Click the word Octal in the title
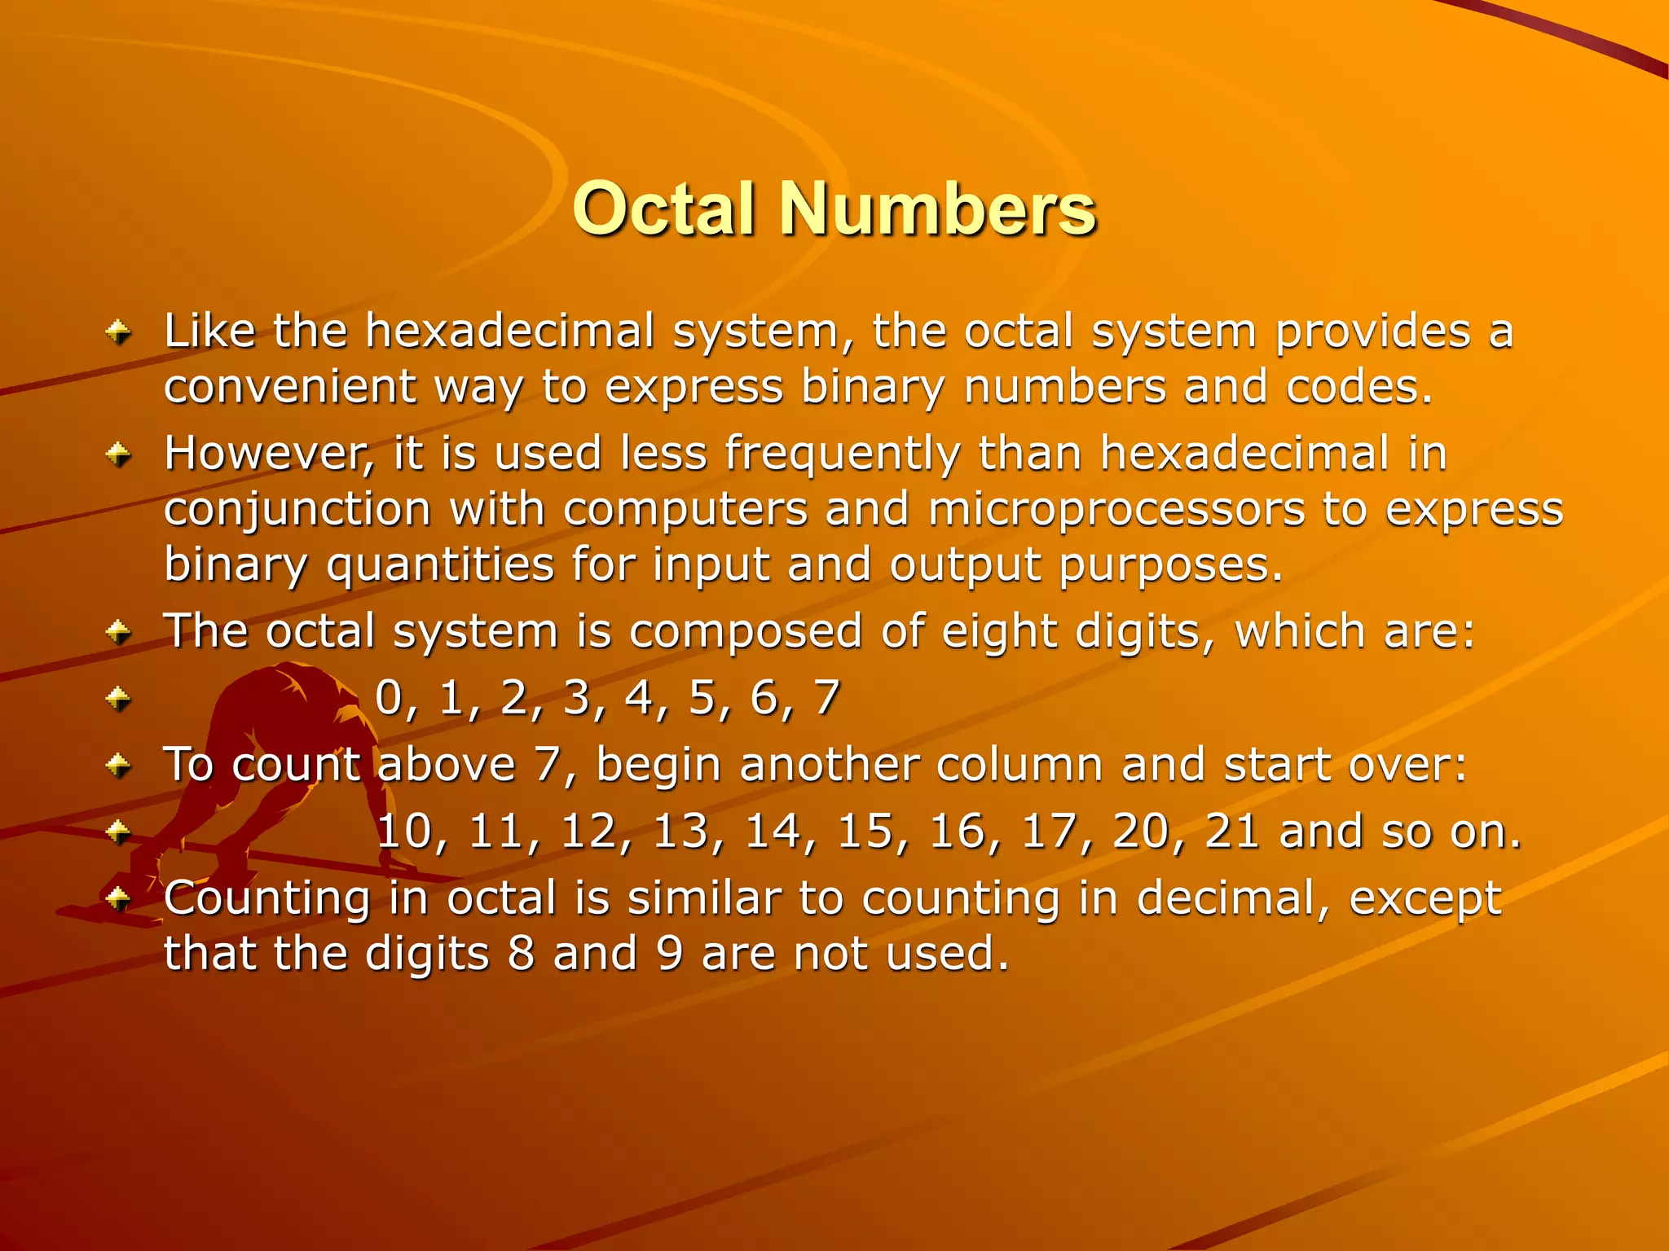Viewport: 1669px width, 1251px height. (664, 209)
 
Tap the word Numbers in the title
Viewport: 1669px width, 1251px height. (938, 209)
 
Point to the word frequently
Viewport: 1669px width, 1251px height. (843, 453)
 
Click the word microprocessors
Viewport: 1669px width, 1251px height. (1116, 510)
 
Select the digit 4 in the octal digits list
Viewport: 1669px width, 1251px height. (639, 698)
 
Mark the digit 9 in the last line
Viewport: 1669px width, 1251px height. (670, 954)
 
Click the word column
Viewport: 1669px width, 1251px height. (1019, 766)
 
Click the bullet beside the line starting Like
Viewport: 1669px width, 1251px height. (119, 332)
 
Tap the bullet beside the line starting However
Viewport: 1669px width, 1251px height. (119, 454)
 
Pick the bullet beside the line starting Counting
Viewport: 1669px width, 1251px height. (119, 899)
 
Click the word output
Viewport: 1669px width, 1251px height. (965, 565)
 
